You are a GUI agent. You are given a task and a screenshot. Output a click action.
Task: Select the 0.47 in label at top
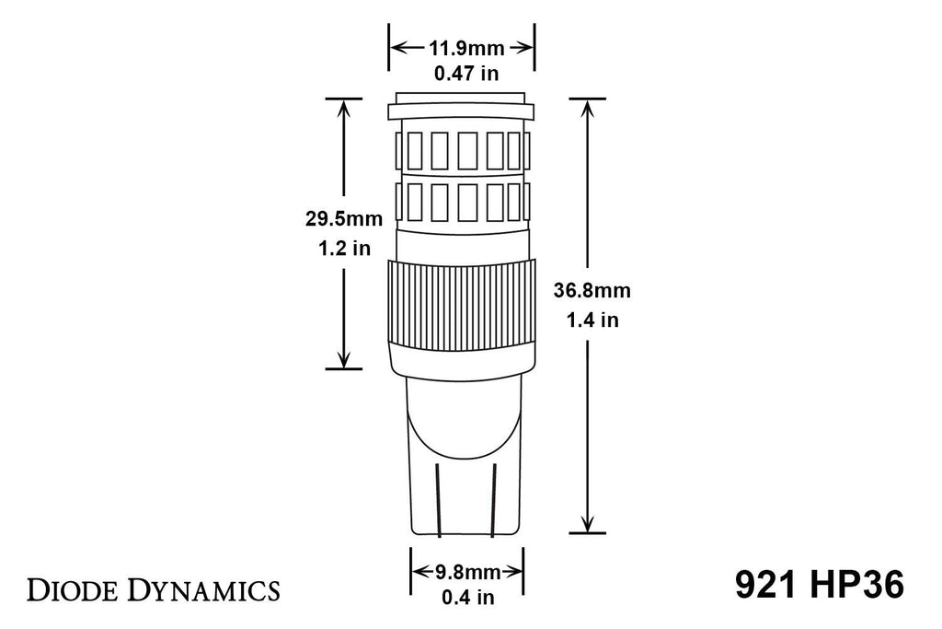coord(463,74)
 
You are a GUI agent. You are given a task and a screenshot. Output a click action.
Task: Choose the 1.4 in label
coord(592,320)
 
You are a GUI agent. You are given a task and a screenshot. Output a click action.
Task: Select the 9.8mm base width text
coord(466,571)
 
